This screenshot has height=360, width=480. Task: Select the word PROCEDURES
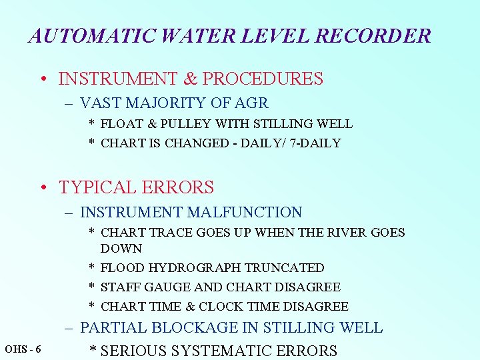coord(263,79)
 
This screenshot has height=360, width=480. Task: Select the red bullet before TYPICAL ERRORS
coord(43,188)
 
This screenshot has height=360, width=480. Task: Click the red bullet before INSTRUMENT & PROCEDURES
coord(43,79)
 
